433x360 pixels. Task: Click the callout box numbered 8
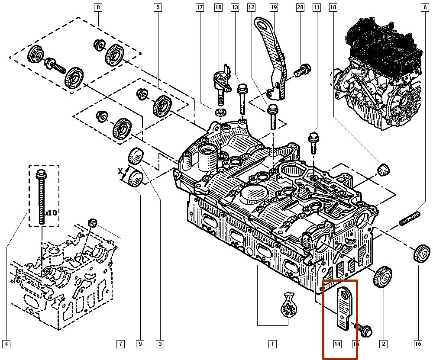(x=98, y=7)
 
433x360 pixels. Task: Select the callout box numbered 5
(x=158, y=7)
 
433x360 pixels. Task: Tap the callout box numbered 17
(x=200, y=7)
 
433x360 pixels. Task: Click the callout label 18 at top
(x=218, y=7)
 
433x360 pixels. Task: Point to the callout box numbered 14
(x=337, y=344)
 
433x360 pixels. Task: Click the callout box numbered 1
(x=272, y=344)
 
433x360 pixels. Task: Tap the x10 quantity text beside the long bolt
(x=52, y=213)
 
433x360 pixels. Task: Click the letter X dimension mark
(x=121, y=172)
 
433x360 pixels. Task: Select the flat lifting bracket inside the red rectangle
(x=346, y=308)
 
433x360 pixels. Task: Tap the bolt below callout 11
(x=313, y=141)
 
